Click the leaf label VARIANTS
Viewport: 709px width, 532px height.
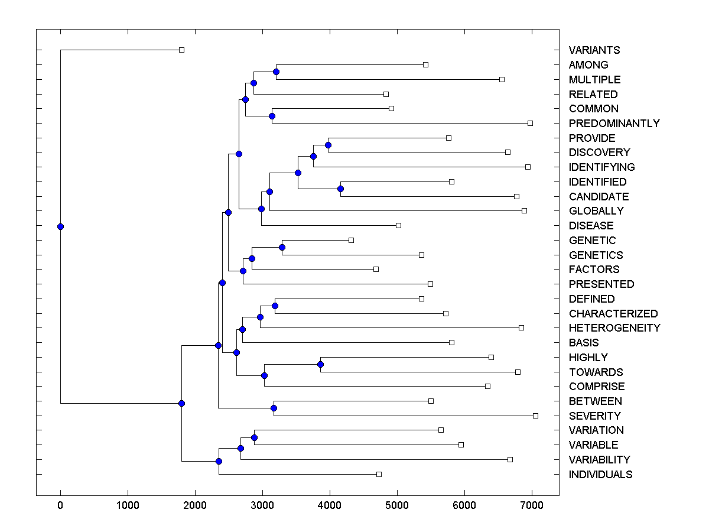pos(594,50)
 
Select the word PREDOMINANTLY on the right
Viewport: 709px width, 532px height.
pos(614,124)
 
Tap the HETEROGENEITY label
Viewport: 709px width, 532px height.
pos(614,328)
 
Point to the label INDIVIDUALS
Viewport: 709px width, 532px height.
pos(600,475)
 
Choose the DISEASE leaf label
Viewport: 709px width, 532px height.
pos(591,226)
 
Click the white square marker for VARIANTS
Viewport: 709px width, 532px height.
pos(181,50)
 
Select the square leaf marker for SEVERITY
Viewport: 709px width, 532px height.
pos(535,416)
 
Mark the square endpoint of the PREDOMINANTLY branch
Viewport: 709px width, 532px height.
pos(530,123)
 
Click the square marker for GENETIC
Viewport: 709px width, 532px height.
pos(351,240)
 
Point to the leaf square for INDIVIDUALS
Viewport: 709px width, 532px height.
pos(379,474)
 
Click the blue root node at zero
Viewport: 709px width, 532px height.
pos(60,226)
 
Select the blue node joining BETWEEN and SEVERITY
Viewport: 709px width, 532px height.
pos(274,408)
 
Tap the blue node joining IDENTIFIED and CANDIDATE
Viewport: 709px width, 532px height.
pos(340,189)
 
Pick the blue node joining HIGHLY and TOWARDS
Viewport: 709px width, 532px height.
pos(321,365)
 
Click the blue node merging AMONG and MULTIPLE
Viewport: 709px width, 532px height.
pos(276,72)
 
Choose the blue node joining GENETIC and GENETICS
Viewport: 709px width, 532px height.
pos(282,247)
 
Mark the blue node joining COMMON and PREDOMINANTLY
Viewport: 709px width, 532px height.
pos(272,116)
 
